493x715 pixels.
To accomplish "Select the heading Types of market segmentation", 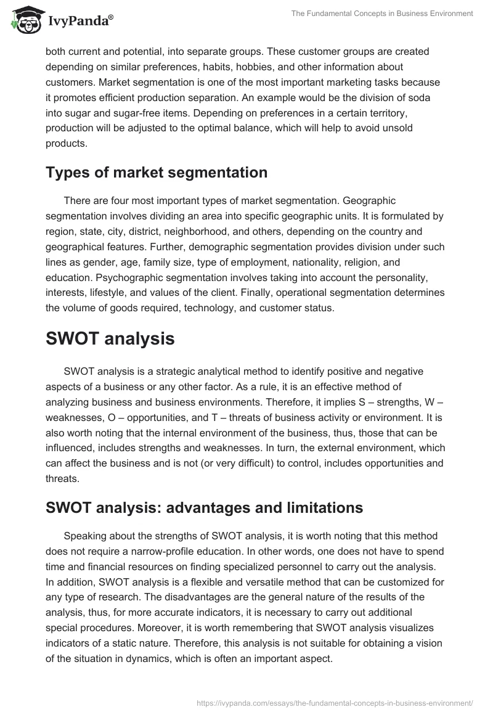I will point(157,173).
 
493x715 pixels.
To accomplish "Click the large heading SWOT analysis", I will point(110,338).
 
